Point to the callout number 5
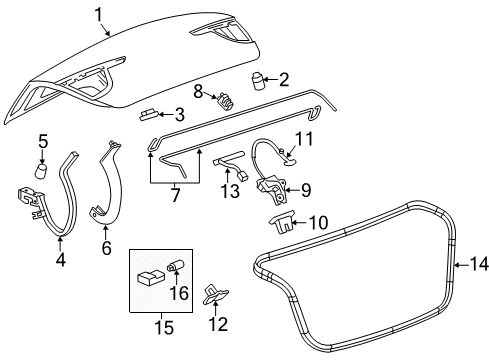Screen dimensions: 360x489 point(42,140)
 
